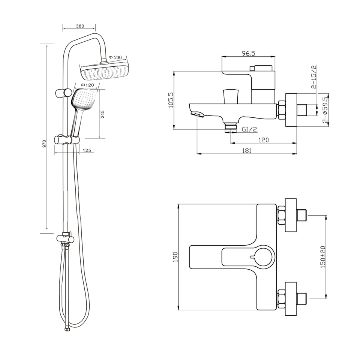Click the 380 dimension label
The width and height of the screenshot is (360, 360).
[x=80, y=26]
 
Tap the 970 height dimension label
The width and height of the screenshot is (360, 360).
[x=44, y=144]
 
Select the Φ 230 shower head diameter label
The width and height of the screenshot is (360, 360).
[x=115, y=57]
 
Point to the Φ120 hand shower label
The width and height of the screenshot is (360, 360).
[x=87, y=85]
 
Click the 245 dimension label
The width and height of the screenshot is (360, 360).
[x=102, y=114]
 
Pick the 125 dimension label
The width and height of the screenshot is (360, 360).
[x=87, y=150]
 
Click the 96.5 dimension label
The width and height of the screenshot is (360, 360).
[x=248, y=53]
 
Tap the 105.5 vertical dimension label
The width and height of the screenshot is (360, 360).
[x=171, y=100]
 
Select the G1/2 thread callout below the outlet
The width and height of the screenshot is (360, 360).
[x=249, y=129]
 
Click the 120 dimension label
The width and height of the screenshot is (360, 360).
[x=263, y=140]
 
